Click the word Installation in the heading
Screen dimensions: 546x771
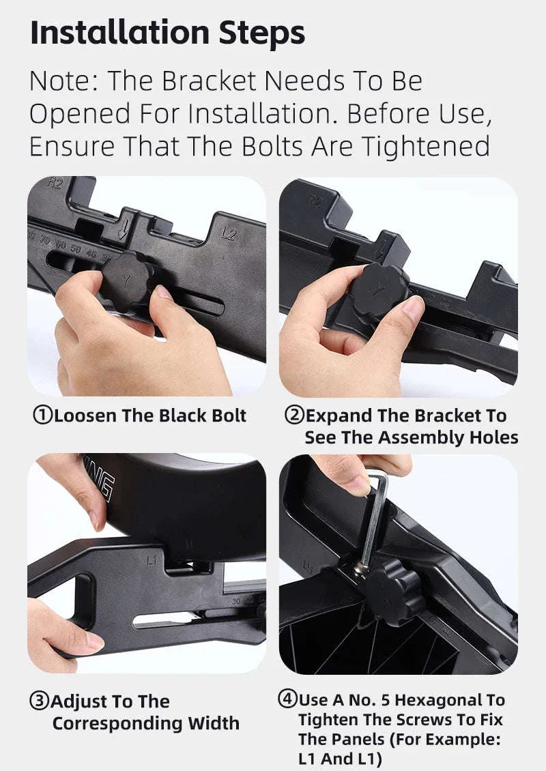point(120,33)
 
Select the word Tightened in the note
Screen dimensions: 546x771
point(426,147)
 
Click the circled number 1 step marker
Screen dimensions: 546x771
point(42,416)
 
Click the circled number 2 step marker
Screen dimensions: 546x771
point(294,416)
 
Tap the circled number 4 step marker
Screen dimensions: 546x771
point(288,699)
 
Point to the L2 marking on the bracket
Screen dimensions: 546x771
point(229,235)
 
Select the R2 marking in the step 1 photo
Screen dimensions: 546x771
point(55,184)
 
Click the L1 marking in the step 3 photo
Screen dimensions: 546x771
point(152,559)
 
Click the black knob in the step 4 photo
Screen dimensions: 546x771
point(394,592)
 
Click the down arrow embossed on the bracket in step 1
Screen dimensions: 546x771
point(125,229)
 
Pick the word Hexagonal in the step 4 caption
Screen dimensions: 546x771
point(440,700)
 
